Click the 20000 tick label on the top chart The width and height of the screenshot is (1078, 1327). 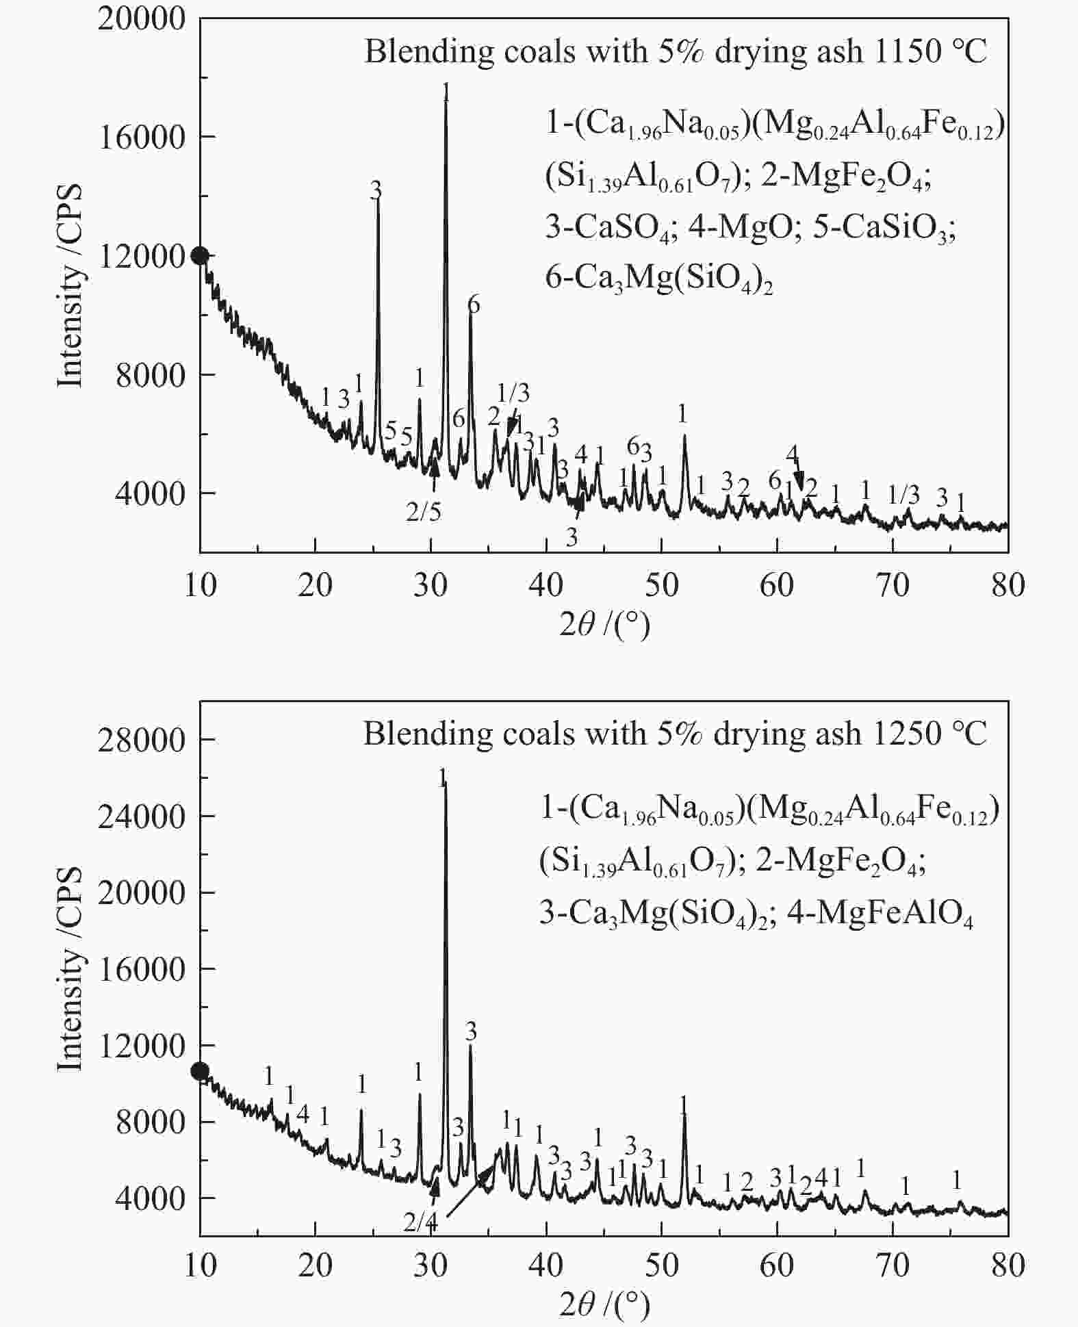(142, 19)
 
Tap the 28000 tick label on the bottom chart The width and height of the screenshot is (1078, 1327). (142, 740)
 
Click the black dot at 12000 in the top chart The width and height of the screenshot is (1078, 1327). (200, 255)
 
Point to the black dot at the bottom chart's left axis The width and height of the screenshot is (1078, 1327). (200, 1071)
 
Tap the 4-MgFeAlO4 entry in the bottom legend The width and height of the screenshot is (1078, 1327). (880, 915)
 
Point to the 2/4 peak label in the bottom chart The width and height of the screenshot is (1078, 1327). (420, 1222)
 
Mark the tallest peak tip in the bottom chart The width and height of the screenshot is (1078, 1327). (445, 784)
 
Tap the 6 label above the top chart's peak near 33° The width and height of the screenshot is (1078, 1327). (473, 305)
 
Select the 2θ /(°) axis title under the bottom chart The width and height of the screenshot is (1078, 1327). (603, 1306)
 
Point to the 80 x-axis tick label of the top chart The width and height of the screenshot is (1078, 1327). (1008, 585)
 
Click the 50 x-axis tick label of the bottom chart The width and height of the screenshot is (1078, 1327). (661, 1265)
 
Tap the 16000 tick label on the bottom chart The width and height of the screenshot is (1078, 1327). (142, 969)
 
